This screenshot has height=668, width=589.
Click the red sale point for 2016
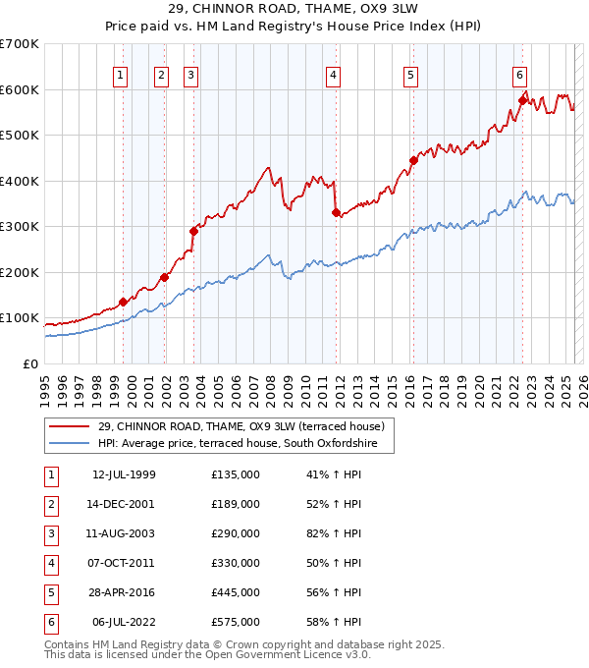tap(413, 161)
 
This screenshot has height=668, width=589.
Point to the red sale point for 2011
tap(336, 212)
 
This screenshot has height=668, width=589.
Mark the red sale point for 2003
tap(193, 231)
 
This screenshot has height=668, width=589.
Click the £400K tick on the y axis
tap(20, 181)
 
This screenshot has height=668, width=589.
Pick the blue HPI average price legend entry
tap(244, 444)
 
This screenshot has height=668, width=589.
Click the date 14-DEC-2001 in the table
tap(123, 504)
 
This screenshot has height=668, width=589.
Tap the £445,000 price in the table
tap(236, 592)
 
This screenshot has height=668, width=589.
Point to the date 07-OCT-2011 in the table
tap(123, 563)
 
